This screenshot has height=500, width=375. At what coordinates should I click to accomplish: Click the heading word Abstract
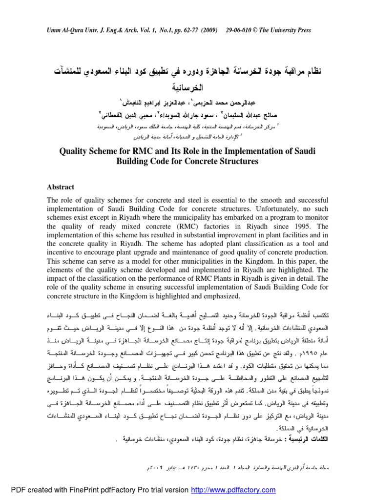point(60,187)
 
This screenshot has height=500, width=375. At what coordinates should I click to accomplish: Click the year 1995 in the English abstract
point(290,227)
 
